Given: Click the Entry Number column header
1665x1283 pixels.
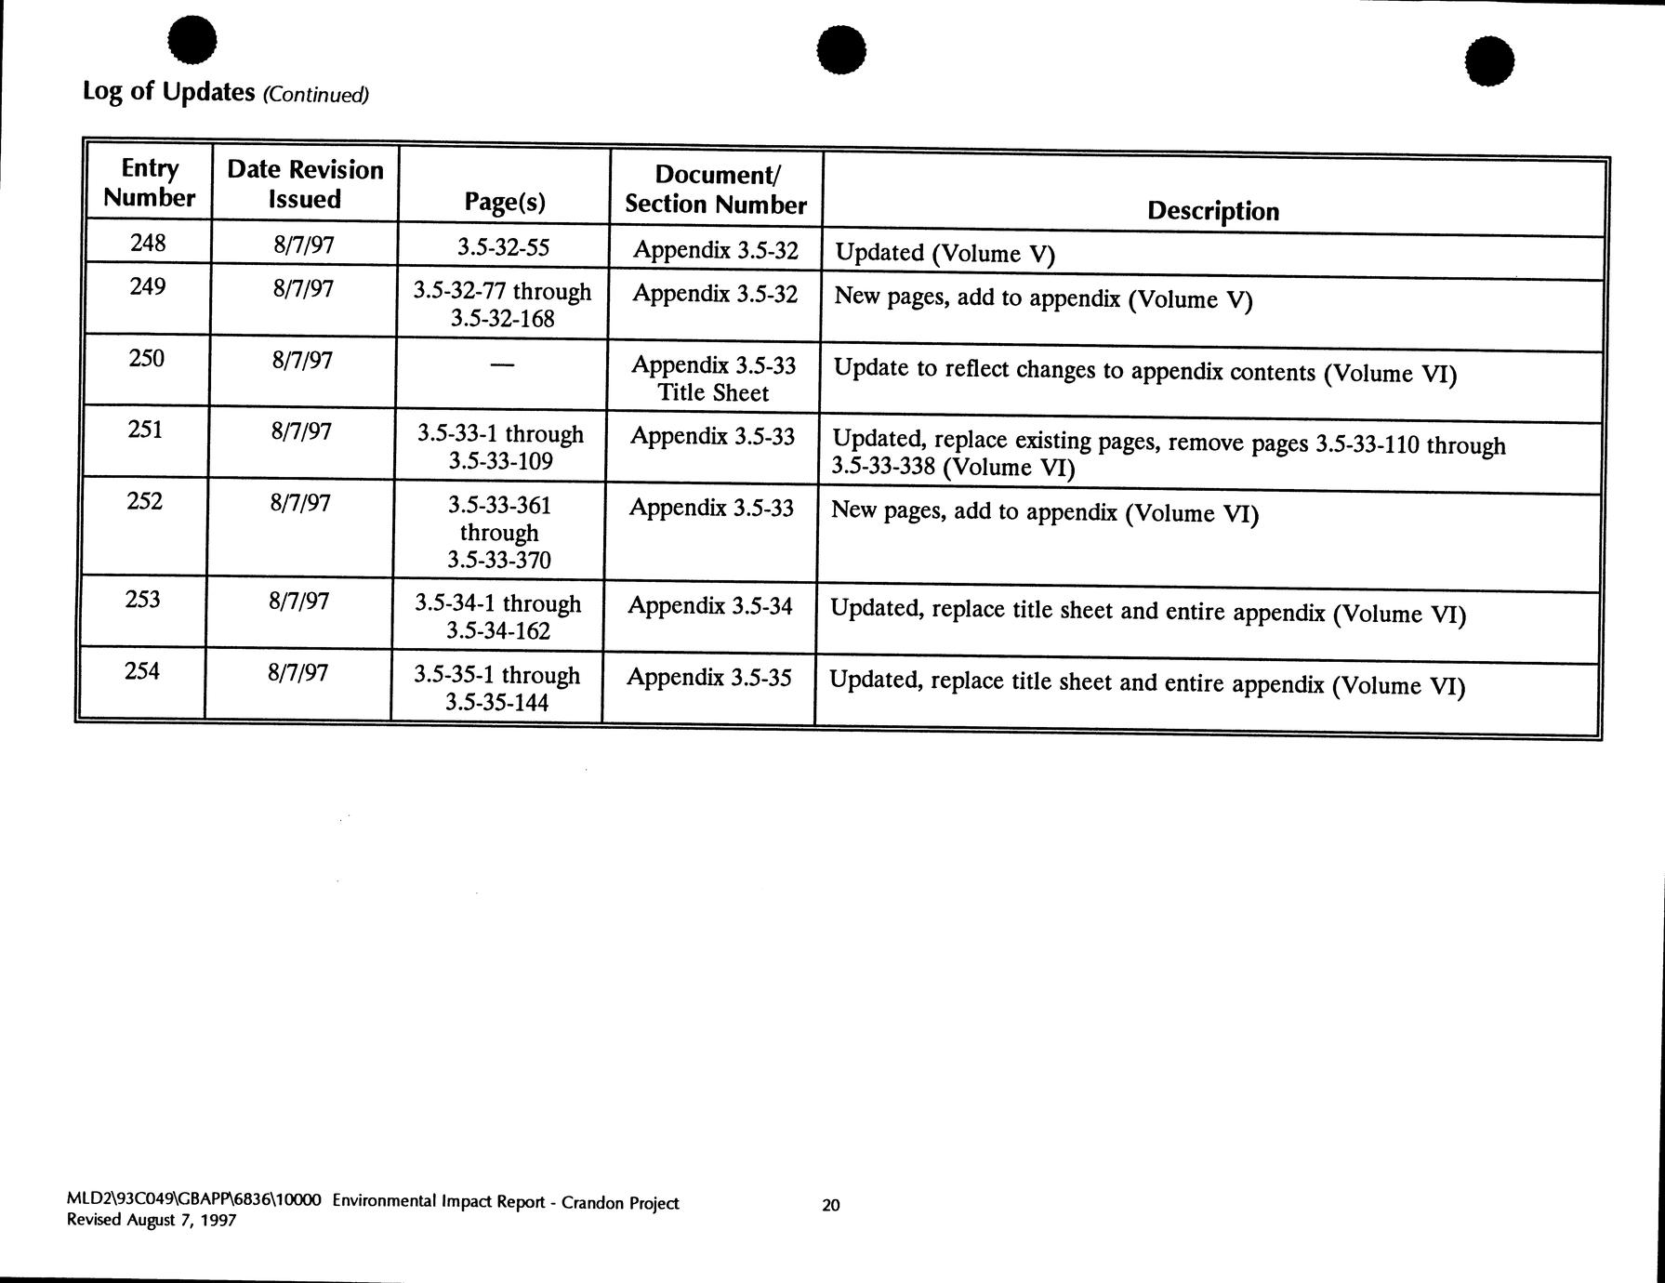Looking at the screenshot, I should click(x=149, y=183).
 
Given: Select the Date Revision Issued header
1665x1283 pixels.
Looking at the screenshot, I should click(x=305, y=184).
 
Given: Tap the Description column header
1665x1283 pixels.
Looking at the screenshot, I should click(x=1212, y=211).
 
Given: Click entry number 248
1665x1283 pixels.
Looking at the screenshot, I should click(x=147, y=244).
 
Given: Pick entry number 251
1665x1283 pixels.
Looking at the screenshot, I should click(x=144, y=430).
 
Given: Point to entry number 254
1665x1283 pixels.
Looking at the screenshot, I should click(x=141, y=671).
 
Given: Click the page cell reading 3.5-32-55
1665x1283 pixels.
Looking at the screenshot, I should click(x=503, y=247).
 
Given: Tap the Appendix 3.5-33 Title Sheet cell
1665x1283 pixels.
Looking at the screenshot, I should click(x=713, y=378).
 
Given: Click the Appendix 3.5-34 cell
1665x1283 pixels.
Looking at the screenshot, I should click(x=709, y=606).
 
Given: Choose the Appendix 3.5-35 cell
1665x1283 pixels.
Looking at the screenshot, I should click(x=708, y=678).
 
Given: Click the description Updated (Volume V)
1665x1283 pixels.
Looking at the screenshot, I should click(x=945, y=253).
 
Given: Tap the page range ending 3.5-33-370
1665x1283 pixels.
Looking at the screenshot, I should click(x=499, y=533).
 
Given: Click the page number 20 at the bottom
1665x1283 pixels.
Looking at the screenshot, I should click(x=831, y=1205).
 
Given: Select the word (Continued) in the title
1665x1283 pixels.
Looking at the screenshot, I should click(x=316, y=95).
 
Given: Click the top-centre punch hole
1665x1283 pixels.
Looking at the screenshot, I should click(x=841, y=49).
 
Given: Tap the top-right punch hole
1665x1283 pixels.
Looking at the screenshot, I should click(x=1488, y=61).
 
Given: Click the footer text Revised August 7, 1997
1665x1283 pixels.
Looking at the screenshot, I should click(x=152, y=1220).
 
